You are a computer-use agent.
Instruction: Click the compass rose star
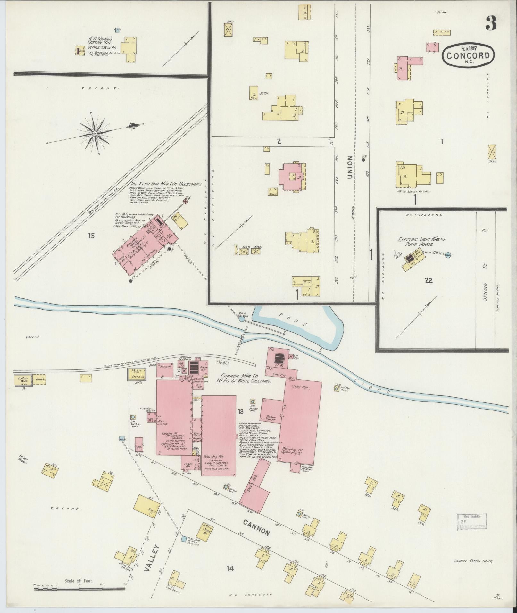click(95, 133)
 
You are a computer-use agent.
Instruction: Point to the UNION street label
click(350, 167)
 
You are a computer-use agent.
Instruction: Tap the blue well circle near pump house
click(447, 255)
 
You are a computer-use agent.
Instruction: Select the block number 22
click(429, 281)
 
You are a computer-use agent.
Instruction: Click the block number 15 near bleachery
click(91, 236)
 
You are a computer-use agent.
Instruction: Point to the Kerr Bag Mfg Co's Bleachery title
click(166, 185)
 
